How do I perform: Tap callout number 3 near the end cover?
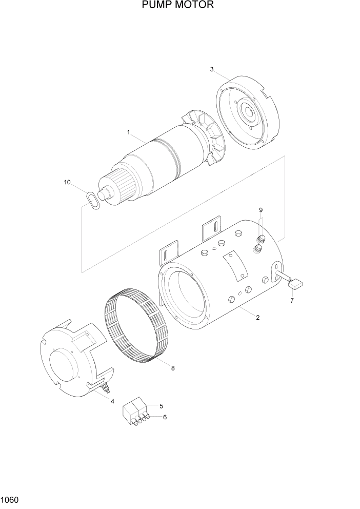tap(211, 70)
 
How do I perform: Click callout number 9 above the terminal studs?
tap(261, 210)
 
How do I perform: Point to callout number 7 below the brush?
tap(292, 300)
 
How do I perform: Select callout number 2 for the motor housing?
tap(257, 317)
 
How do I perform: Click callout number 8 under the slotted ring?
tap(172, 367)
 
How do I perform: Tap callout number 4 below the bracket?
tap(112, 401)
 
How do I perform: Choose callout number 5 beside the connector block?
tap(161, 406)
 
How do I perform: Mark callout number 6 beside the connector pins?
tap(165, 417)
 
